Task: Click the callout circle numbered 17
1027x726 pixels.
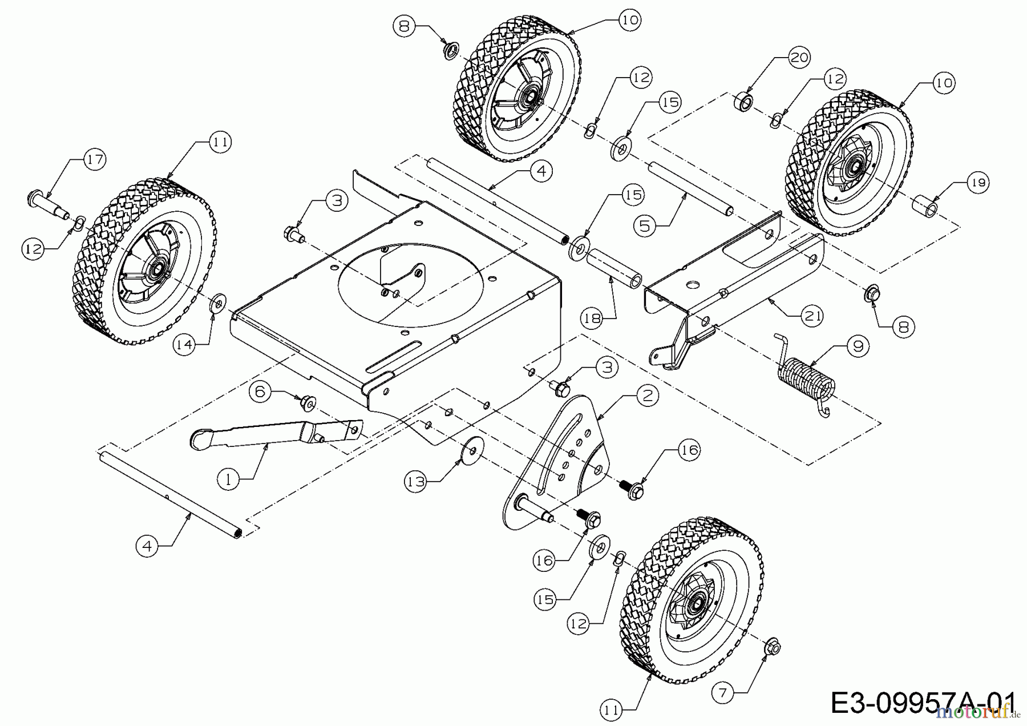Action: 95,159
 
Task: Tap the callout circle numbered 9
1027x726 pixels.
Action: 858,345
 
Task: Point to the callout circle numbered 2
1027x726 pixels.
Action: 646,396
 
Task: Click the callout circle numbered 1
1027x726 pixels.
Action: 229,479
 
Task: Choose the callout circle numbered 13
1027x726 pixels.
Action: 417,482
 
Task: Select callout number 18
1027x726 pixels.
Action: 593,318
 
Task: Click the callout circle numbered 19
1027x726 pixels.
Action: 978,183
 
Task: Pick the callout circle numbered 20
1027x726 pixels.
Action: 800,57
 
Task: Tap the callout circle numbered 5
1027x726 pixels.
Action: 645,226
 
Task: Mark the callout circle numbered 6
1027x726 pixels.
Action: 260,392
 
